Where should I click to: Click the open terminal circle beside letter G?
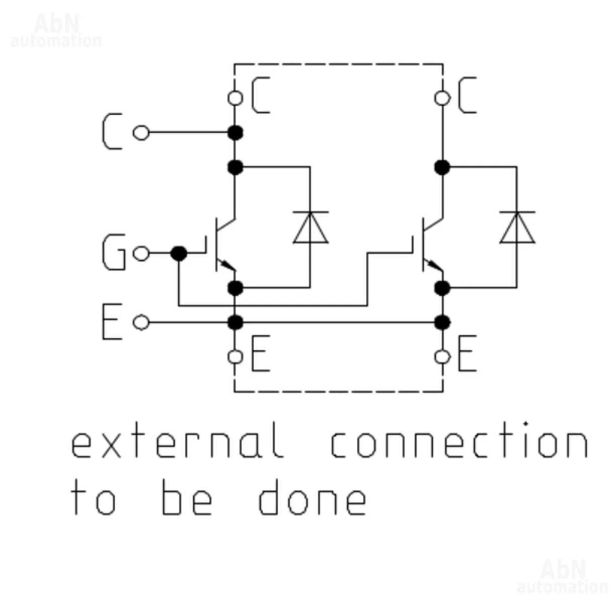click(141, 254)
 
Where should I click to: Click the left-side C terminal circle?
click(141, 133)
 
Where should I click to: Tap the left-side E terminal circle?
click(141, 322)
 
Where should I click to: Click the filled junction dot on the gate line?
click(179, 253)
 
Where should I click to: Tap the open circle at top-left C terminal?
click(235, 98)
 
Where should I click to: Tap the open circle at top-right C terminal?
click(442, 98)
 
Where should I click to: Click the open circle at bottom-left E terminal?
click(235, 357)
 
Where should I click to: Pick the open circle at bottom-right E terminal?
click(442, 357)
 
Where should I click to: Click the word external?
click(176, 441)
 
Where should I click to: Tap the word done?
click(312, 498)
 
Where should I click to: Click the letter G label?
click(114, 254)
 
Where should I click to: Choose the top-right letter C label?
click(467, 96)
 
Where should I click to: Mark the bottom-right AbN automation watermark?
click(562, 577)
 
